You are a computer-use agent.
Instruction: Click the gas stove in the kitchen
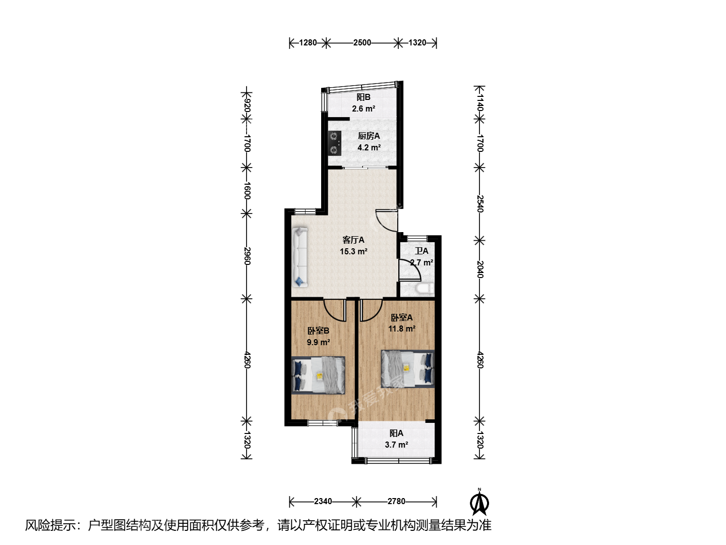[x=334, y=143]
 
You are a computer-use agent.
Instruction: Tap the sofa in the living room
[x=299, y=257]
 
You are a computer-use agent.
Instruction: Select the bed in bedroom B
[x=318, y=375]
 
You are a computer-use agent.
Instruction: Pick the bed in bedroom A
[x=407, y=368]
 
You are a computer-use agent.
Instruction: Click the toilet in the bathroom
[x=425, y=288]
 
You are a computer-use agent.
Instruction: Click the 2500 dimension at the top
[x=362, y=43]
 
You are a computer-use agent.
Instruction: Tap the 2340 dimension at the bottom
[x=323, y=501]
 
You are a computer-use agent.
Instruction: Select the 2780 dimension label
[x=396, y=501]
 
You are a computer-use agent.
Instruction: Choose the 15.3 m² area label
[x=353, y=251]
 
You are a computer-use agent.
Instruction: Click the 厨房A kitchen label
[x=369, y=136]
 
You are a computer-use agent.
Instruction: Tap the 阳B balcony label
[x=363, y=97]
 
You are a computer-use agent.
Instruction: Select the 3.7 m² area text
[x=396, y=445]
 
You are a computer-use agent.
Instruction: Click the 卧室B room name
[x=318, y=331]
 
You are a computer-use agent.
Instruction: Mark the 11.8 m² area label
[x=402, y=329]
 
